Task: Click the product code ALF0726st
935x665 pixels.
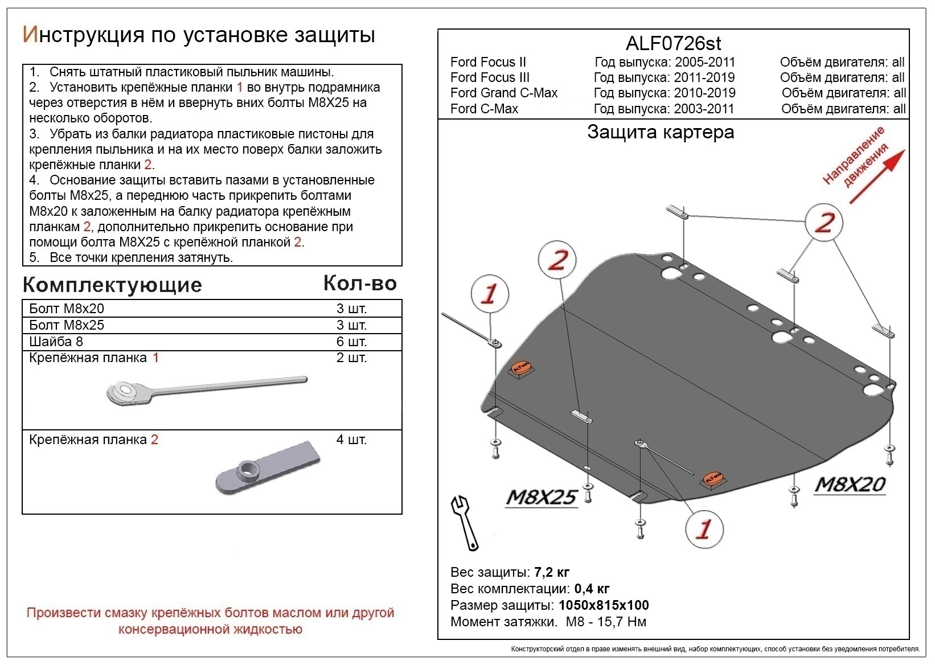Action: click(673, 43)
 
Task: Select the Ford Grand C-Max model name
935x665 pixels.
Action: click(503, 93)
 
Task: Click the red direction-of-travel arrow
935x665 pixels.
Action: click(877, 176)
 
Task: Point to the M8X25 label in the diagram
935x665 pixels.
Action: click(541, 497)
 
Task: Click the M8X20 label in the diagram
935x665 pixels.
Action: click(850, 484)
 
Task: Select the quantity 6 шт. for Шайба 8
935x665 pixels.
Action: click(351, 342)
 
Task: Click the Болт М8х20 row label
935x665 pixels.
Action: click(67, 309)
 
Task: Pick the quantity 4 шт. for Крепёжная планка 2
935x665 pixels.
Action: click(351, 440)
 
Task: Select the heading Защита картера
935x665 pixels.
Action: click(661, 132)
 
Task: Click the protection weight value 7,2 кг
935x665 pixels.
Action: click(552, 572)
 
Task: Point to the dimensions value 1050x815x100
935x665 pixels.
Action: click(604, 605)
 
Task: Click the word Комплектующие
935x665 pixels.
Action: click(112, 285)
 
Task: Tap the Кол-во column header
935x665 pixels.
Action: click(360, 283)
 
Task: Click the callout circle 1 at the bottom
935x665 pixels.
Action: click(704, 529)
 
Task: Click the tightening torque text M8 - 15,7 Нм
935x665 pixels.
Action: click(606, 622)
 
